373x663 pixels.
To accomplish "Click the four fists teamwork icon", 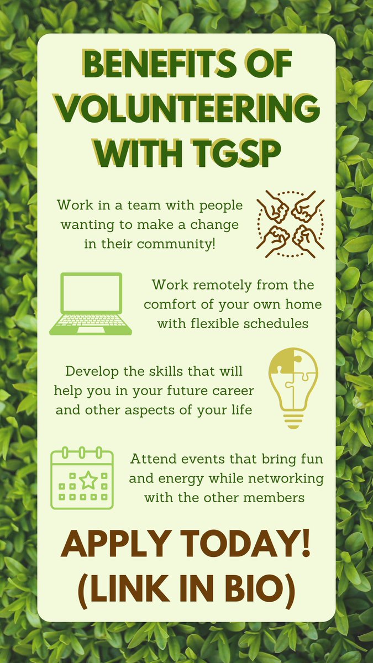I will [x=291, y=224].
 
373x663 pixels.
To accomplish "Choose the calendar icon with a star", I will [x=82, y=478].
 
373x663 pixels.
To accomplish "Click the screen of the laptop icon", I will [x=91, y=293].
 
